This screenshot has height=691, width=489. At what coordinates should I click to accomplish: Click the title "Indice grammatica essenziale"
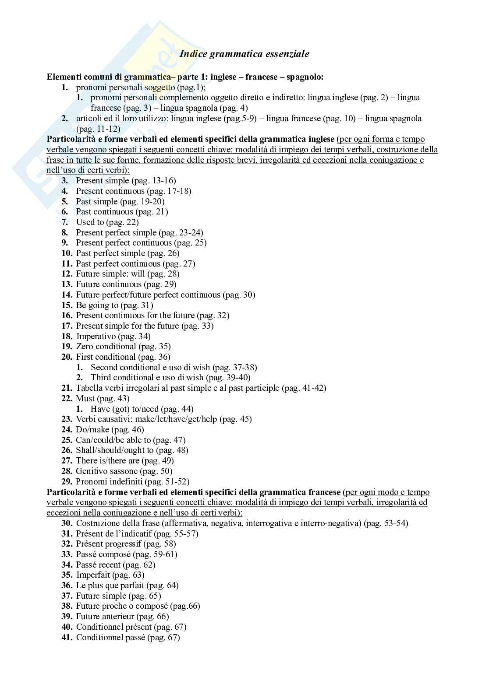(x=244, y=54)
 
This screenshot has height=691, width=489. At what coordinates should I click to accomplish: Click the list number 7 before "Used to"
(x=65, y=222)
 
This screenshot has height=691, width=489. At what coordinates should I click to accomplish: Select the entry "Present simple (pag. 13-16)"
(x=126, y=180)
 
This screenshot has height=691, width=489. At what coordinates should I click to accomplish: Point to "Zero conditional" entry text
(x=106, y=347)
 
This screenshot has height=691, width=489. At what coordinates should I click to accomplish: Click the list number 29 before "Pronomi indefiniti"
(x=67, y=481)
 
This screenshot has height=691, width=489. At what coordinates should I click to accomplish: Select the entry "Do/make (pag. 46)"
(x=110, y=429)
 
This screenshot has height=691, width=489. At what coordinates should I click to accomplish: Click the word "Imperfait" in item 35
(x=93, y=575)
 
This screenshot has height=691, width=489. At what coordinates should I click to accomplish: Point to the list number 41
(x=67, y=637)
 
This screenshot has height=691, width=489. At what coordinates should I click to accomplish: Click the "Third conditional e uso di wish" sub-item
(x=147, y=377)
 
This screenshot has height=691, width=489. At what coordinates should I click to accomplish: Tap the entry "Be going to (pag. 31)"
(x=114, y=305)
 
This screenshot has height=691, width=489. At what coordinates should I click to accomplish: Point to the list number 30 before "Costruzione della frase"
(x=67, y=523)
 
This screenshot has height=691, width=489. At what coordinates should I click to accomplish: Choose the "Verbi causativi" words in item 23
(x=103, y=419)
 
